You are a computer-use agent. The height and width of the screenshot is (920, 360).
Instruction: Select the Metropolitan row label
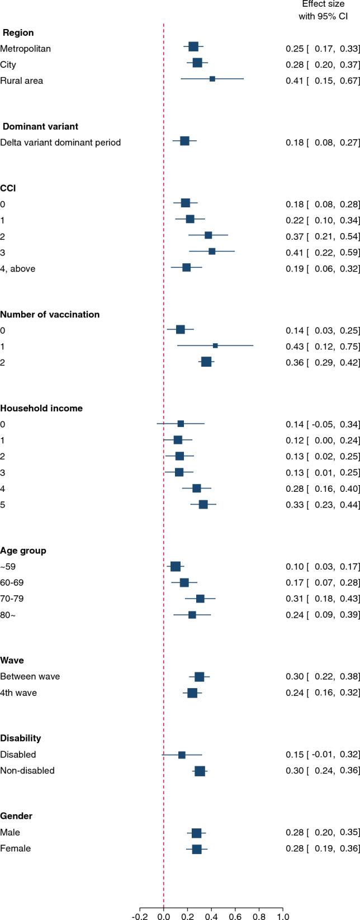26,49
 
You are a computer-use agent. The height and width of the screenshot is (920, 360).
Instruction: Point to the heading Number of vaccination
50,314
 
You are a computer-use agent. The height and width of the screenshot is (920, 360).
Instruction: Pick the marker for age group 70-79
200,599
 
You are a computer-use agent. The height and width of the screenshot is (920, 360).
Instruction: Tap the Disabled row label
18,754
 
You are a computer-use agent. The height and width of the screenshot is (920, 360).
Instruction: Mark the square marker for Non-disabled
200,771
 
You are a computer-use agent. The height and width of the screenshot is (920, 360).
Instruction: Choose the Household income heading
41,408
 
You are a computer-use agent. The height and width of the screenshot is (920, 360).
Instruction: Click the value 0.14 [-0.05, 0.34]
323,424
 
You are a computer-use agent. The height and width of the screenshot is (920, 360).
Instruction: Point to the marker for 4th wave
192,693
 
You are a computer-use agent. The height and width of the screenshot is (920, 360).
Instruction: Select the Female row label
16,848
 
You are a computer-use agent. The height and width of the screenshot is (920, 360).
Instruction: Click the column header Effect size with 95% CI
323,11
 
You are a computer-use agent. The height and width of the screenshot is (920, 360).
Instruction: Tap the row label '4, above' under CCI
18,268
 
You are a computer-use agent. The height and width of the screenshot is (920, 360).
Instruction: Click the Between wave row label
30,676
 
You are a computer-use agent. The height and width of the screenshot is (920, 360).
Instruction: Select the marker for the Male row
196,833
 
